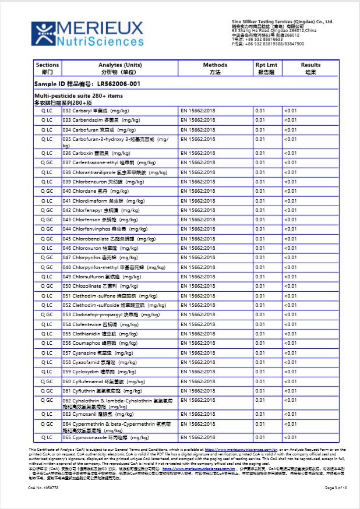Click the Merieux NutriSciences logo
point(87,33)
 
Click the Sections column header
point(47,68)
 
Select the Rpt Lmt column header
point(266,68)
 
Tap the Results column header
point(310,68)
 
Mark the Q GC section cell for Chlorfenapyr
point(47,210)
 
